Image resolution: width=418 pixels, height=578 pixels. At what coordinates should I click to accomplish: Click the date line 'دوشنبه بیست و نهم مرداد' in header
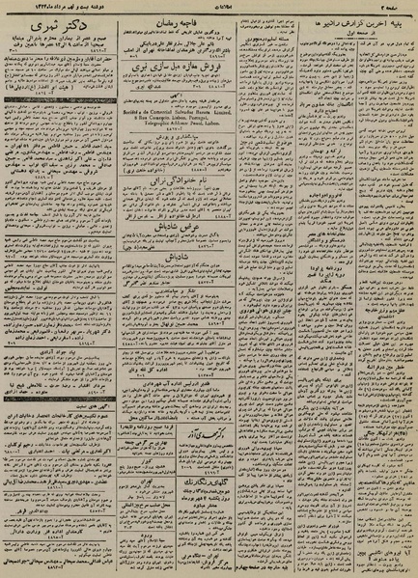(58, 7)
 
